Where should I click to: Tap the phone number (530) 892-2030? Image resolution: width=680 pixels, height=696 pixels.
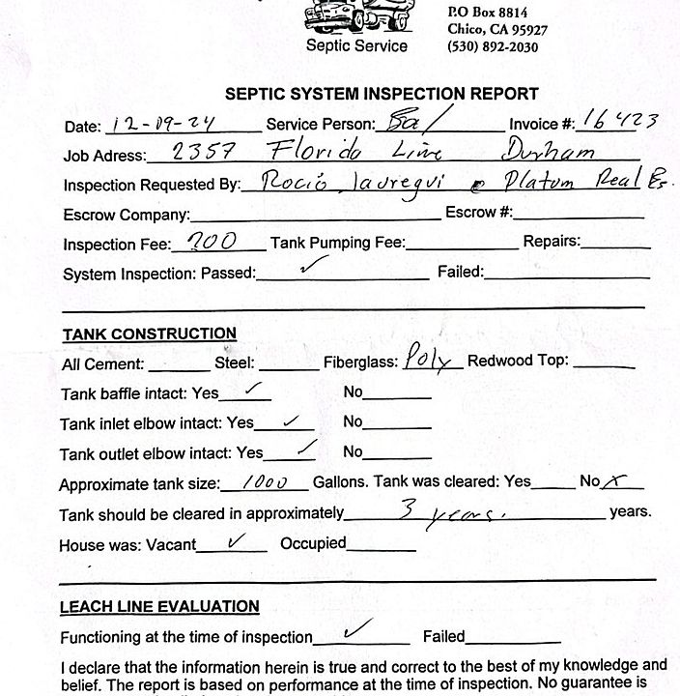pos(493,47)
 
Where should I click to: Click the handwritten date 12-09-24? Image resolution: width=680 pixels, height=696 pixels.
pos(151,123)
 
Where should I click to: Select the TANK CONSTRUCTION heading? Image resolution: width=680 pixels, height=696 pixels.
pos(150,334)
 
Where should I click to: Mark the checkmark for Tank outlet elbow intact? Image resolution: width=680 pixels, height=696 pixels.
pos(305,448)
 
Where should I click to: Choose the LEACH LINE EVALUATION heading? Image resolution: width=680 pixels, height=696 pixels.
pos(159,607)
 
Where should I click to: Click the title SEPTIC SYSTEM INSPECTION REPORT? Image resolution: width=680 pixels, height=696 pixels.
pos(382,94)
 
